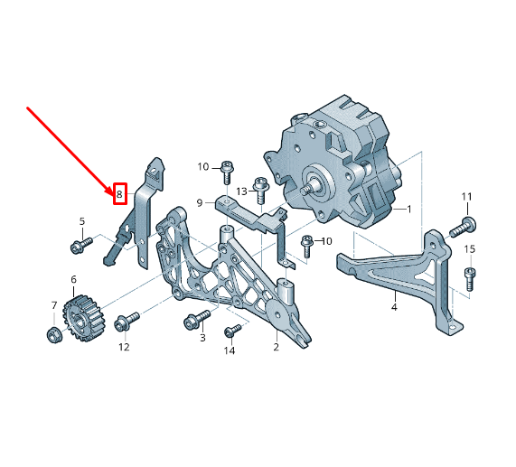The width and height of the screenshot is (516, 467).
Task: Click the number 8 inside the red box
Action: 119,194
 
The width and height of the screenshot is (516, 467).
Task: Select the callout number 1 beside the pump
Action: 408,210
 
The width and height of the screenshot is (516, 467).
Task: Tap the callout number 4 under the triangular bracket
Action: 394,308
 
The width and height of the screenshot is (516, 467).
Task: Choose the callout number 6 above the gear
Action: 73,280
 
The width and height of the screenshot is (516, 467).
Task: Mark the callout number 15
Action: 469,249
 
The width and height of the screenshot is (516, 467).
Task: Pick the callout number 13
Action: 242,191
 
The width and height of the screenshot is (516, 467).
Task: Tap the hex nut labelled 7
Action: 53,336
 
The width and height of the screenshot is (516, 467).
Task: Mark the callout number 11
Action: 467,197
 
